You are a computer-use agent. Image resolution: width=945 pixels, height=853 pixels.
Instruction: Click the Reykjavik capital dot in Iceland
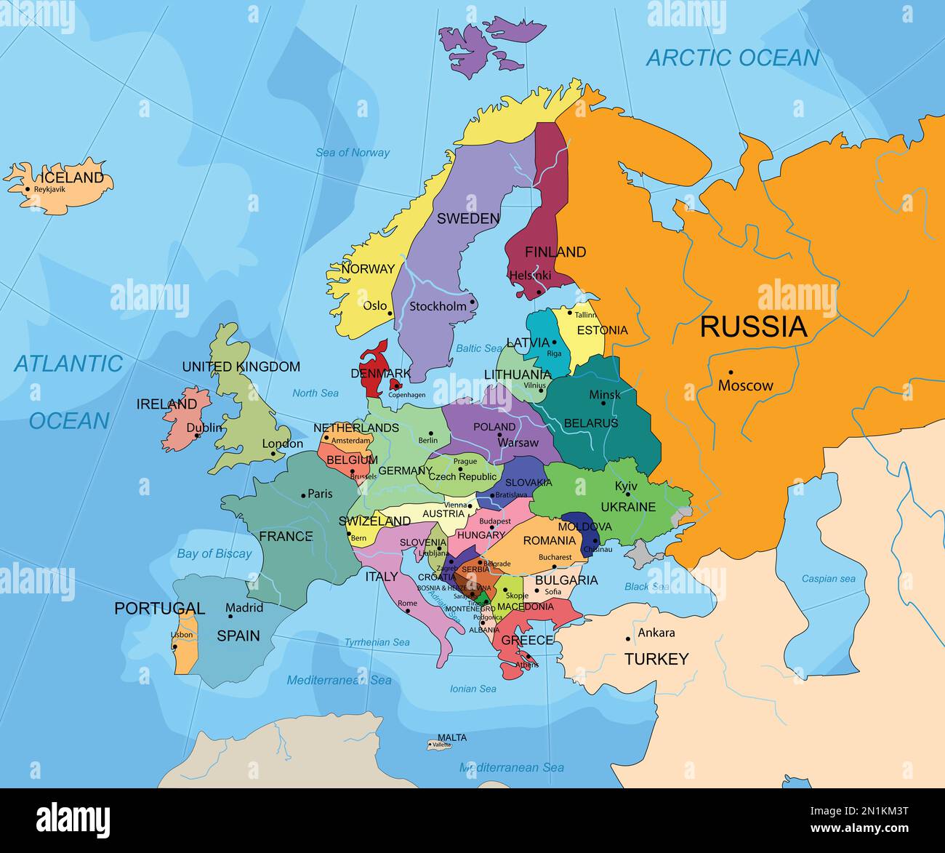28,189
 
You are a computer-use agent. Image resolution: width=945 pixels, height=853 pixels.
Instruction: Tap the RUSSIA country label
753,327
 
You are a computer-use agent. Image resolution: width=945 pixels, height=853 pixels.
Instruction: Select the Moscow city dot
731,372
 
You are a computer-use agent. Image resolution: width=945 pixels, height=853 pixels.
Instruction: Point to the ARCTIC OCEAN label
732,58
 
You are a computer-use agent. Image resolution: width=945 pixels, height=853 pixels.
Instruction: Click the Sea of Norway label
352,153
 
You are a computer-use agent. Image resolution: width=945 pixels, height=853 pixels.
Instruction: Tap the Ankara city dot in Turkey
629,638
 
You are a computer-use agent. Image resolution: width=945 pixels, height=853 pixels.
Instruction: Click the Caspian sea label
828,579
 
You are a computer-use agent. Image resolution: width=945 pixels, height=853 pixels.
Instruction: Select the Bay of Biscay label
214,553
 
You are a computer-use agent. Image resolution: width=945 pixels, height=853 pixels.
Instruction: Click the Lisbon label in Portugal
182,635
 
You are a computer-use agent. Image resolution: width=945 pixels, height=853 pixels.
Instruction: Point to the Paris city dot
303,495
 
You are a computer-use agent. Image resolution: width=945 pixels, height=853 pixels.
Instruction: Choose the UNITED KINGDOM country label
241,367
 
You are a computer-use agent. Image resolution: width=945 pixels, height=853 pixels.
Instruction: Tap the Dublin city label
204,428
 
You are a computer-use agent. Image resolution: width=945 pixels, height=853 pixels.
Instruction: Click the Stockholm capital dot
472,302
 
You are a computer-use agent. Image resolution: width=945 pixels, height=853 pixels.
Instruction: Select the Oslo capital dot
390,314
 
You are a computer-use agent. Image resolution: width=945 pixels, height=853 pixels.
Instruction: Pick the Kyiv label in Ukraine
626,486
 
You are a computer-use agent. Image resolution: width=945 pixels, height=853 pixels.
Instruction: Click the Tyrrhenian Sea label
377,642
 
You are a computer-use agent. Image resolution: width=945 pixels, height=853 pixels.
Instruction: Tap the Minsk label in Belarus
605,394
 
